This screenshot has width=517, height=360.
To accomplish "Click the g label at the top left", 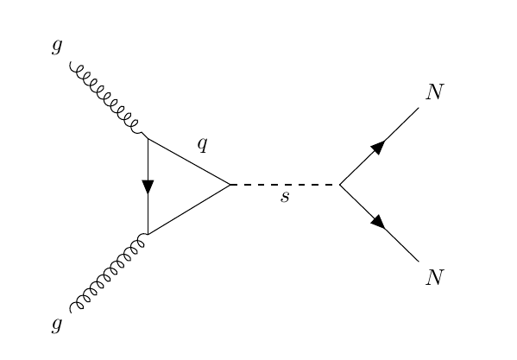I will [x=57, y=47].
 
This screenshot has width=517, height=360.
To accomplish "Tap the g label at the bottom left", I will [x=57, y=325].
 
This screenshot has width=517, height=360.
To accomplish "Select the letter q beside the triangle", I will [x=203, y=144].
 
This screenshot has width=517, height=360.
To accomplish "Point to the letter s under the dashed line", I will [x=285, y=198].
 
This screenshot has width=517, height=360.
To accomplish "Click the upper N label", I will [x=434, y=92].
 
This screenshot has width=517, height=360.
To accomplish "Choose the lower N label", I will [x=434, y=277].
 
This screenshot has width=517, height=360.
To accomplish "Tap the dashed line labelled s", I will [x=285, y=185].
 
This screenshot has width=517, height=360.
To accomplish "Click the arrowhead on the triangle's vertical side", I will [x=148, y=186].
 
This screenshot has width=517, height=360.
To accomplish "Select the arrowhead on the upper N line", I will [x=378, y=147].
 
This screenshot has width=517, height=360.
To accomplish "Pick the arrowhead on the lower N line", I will [x=378, y=222].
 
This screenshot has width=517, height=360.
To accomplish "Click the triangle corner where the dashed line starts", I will [x=230, y=185].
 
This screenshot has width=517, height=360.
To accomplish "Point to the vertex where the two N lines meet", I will [x=339, y=185].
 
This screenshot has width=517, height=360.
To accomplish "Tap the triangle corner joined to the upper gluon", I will [x=148, y=137].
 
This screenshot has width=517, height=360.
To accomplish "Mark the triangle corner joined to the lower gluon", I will [x=148, y=233].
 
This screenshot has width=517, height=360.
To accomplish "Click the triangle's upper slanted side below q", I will [x=190, y=161].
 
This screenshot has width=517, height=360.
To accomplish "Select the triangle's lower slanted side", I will [x=190, y=209].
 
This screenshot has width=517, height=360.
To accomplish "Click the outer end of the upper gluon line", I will [x=71, y=64].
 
